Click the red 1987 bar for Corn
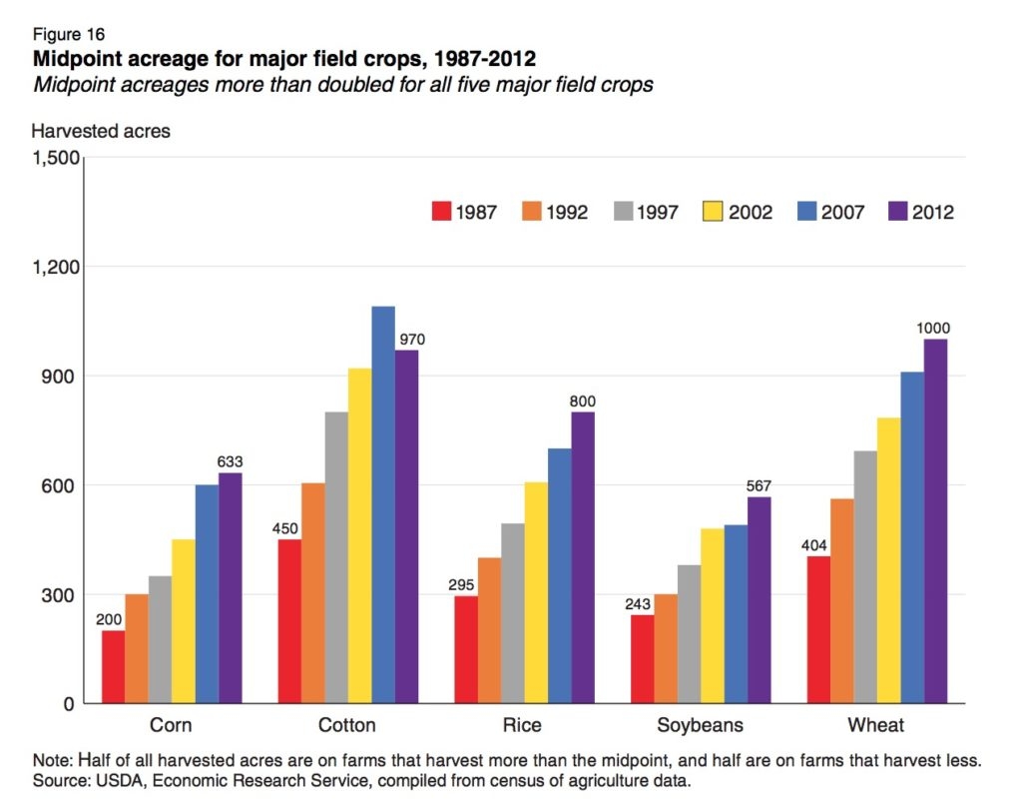tap(113, 666)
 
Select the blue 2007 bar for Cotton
tap(383, 504)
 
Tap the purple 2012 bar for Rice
tap(583, 557)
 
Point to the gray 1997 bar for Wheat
tap(865, 576)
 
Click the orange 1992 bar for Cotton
tap(313, 593)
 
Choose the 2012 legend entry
tap(921, 212)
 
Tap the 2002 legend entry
tap(738, 212)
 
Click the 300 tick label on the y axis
tap(58, 595)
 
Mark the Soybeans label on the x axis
tap(700, 724)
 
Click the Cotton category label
tap(347, 724)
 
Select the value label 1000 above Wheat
tap(935, 329)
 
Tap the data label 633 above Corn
tap(231, 461)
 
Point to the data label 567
tap(760, 486)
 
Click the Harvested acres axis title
tap(101, 131)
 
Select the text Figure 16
tap(69, 34)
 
